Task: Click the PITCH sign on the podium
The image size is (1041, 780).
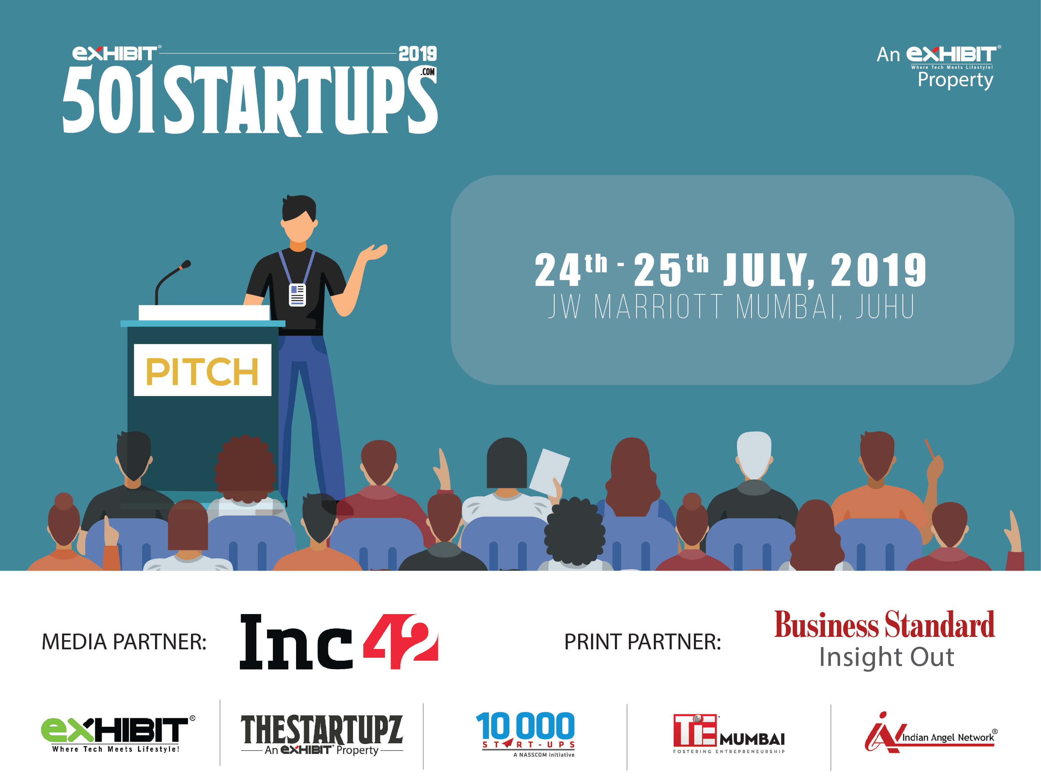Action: (202, 370)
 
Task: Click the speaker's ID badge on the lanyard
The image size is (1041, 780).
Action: (297, 295)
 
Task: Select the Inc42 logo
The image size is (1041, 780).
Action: (339, 641)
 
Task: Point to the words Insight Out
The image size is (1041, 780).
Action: (887, 657)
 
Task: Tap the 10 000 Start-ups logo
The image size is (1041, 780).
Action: (526, 734)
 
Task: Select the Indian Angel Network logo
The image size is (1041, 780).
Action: (930, 733)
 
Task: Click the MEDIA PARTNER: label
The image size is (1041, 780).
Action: (124, 642)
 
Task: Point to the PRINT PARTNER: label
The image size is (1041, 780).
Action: (642, 642)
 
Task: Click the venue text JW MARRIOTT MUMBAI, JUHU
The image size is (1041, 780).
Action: (731, 306)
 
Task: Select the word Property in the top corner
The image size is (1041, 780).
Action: (955, 80)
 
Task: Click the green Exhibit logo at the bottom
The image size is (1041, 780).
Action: (118, 734)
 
